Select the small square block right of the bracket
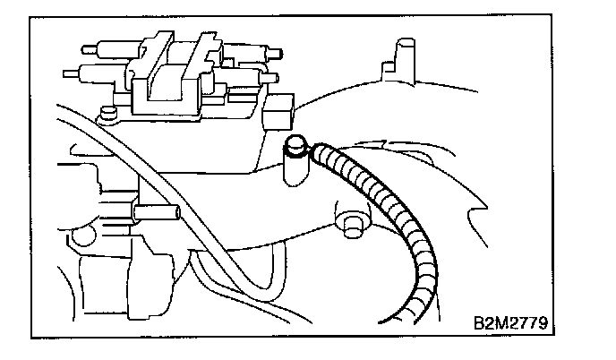280,111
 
